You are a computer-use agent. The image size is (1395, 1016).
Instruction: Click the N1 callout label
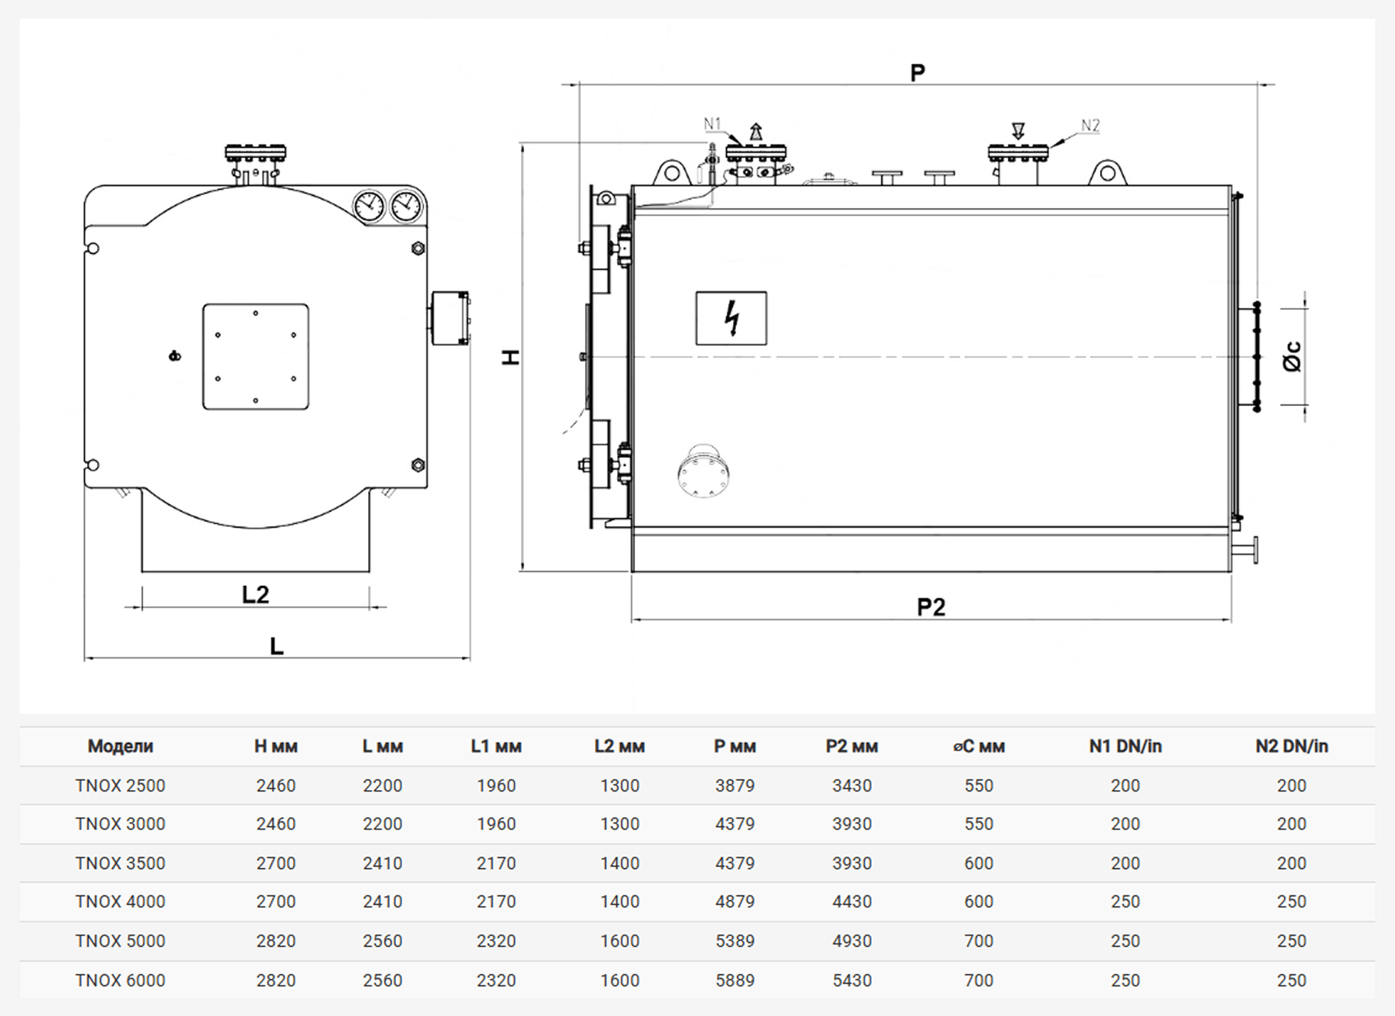711,123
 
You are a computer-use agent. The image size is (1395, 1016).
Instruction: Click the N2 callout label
1090,126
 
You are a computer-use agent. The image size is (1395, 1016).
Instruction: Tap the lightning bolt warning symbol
733,317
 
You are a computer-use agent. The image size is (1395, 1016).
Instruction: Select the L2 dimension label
256,594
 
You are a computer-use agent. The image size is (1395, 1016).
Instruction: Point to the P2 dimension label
931,607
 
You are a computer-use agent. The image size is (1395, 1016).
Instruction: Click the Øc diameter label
1293,356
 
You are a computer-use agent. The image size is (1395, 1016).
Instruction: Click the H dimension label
511,357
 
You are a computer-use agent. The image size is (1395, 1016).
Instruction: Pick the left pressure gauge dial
369,206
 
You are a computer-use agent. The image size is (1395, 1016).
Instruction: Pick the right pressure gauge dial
406,206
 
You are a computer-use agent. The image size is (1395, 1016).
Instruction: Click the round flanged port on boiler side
704,472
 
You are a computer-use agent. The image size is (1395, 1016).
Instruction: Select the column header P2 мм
852,746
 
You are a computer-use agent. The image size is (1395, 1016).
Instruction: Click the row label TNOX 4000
120,902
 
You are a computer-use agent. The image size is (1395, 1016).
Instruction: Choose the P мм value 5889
734,980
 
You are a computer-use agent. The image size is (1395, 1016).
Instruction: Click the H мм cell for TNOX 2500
276,786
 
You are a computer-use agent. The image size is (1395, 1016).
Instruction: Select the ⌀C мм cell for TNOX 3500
979,863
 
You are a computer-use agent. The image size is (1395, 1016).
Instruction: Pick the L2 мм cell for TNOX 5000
619,940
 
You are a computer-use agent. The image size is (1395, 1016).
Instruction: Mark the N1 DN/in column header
1126,746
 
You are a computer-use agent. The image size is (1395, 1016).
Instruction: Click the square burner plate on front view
256,356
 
